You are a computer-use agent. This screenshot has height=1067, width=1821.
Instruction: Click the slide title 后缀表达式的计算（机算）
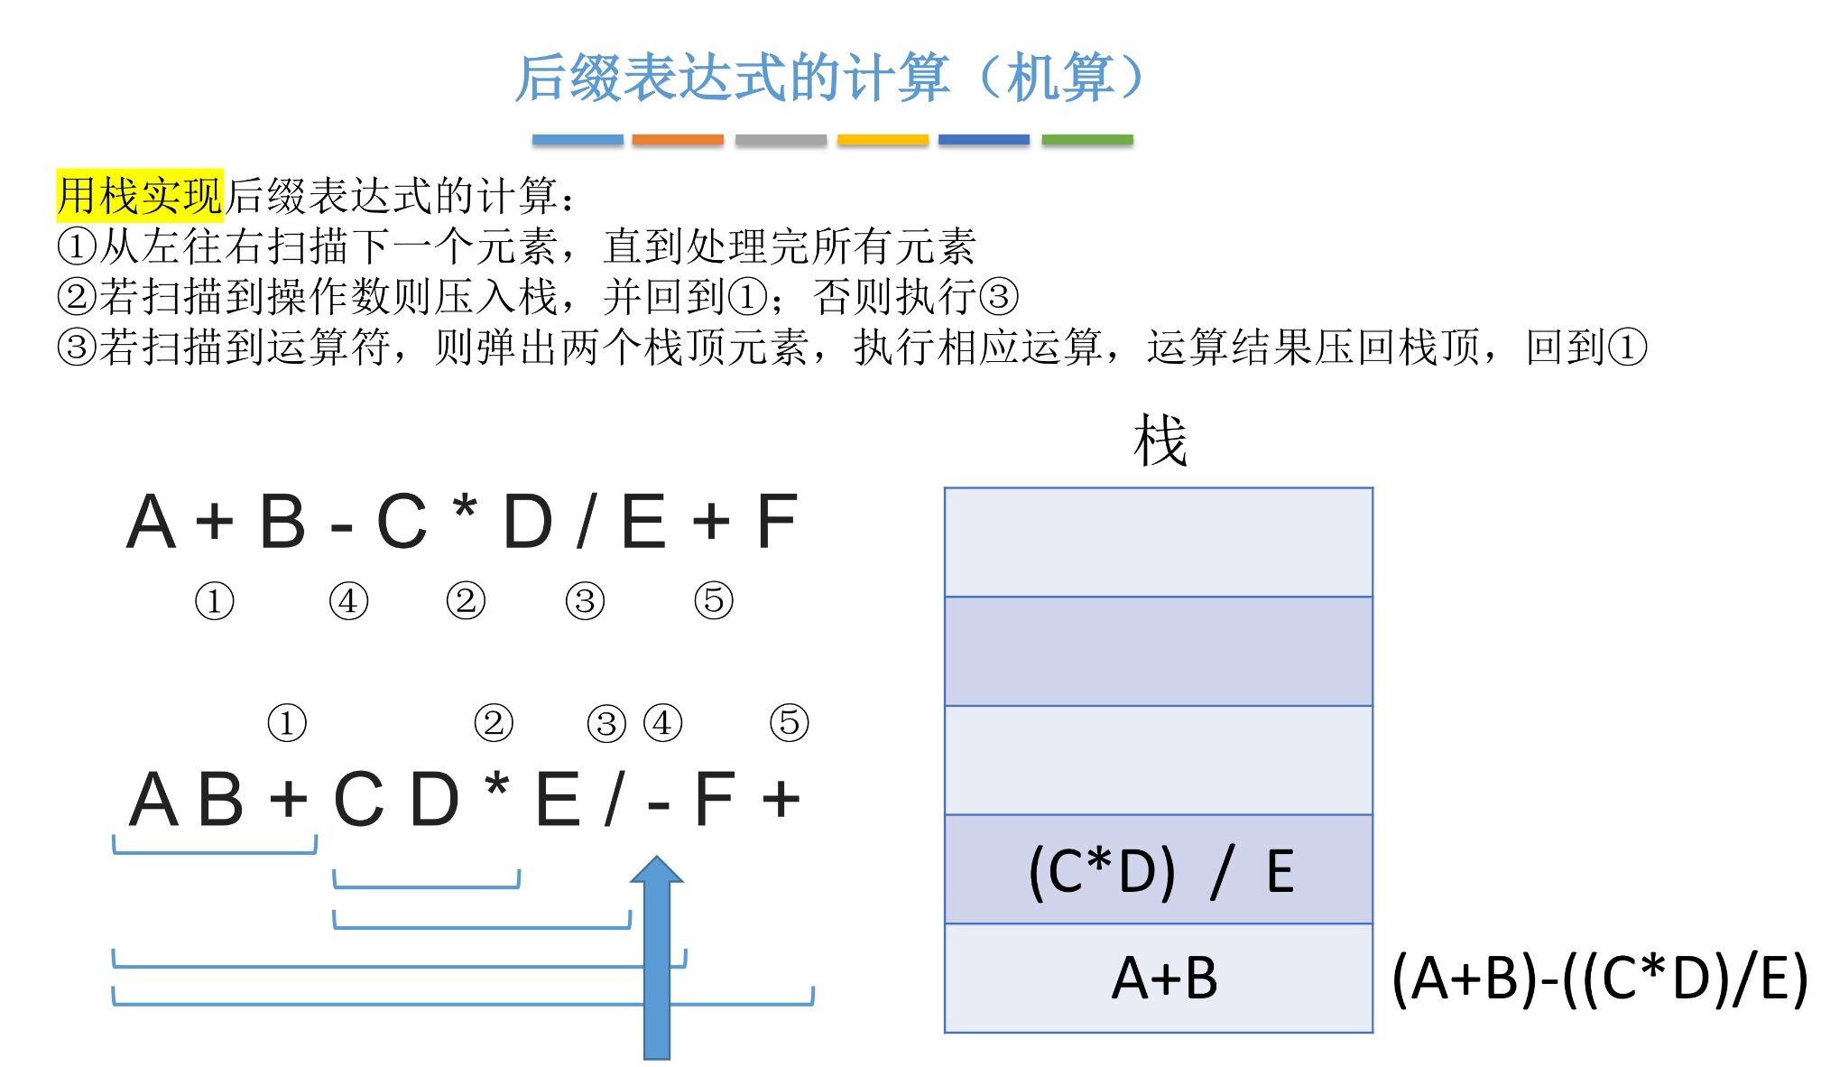tap(830, 78)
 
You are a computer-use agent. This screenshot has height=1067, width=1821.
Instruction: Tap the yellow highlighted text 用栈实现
tap(139, 195)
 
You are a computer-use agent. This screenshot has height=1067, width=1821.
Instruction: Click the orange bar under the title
tap(678, 140)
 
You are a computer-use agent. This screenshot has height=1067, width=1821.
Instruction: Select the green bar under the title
tap(1086, 140)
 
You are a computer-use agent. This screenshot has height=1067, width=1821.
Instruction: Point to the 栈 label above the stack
tap(1160, 441)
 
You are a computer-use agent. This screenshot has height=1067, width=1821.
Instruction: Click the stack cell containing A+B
tap(1159, 979)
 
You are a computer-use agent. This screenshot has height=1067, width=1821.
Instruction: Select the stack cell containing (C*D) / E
tap(1159, 869)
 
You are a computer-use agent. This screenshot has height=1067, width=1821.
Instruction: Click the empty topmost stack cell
tap(1159, 542)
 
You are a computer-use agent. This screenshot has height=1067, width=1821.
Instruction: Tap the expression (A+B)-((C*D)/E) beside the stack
tap(1599, 979)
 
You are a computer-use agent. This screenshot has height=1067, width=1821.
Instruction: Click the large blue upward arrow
tap(657, 957)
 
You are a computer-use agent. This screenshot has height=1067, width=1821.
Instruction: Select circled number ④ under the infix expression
tap(348, 601)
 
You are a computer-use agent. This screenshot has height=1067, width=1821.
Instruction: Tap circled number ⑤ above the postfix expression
tap(789, 723)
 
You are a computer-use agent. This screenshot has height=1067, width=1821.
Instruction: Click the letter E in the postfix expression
tap(558, 800)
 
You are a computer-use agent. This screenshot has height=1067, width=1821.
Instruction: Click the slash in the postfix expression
tap(615, 800)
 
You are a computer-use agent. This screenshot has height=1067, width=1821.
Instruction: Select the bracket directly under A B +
tap(215, 849)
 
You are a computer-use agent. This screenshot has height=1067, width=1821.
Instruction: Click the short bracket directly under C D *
tap(426, 883)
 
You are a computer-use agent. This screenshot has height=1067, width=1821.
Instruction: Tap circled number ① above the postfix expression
tap(287, 723)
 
